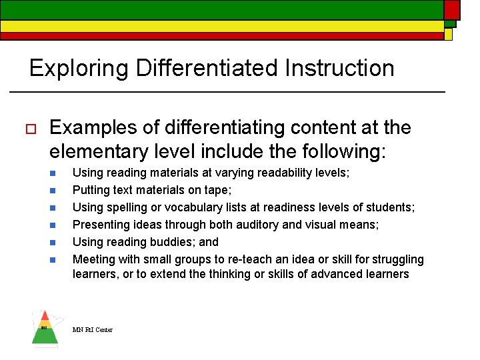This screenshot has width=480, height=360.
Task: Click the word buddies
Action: click(169, 242)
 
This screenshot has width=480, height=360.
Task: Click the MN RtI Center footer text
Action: click(93, 329)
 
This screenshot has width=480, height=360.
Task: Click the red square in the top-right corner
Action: click(452, 9)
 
